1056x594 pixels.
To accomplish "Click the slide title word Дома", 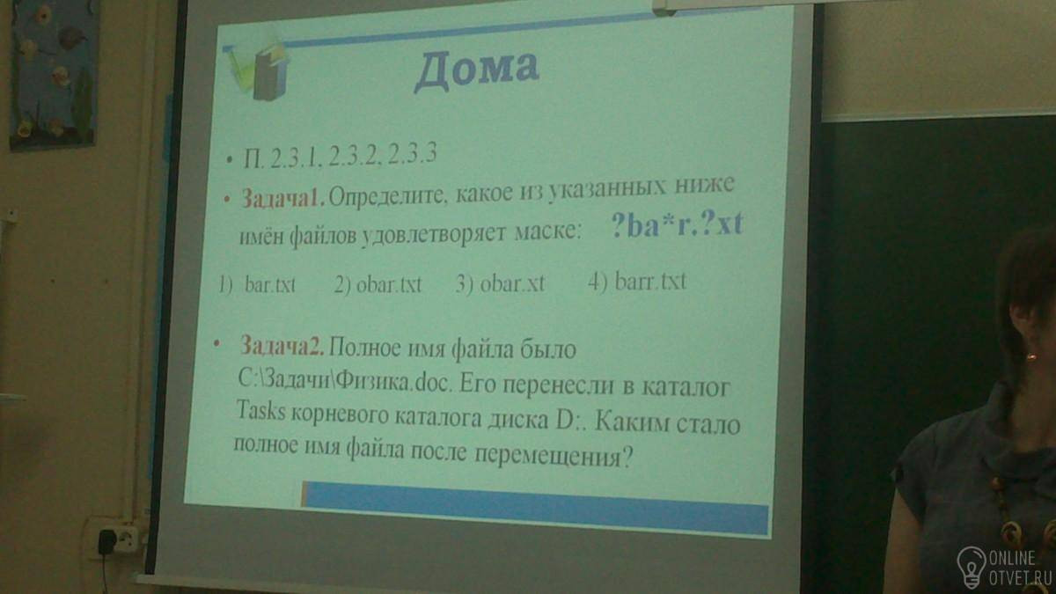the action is (477, 70).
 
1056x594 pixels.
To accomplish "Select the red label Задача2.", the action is (282, 347).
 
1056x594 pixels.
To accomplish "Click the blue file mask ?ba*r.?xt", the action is (677, 224).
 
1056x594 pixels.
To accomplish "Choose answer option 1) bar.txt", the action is (257, 284).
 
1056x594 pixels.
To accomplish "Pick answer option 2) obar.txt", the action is (378, 284).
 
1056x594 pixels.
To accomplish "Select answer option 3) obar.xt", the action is (500, 283).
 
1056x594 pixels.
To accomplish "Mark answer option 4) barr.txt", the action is (637, 282).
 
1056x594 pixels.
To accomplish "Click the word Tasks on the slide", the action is (260, 411).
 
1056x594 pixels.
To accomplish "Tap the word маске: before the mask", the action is (546, 231).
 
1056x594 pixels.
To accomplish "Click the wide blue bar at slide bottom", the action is (535, 507).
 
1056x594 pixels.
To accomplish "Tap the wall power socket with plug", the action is (115, 538).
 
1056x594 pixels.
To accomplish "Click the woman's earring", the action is (1031, 356).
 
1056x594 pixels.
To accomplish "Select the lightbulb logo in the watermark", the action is (971, 566).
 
